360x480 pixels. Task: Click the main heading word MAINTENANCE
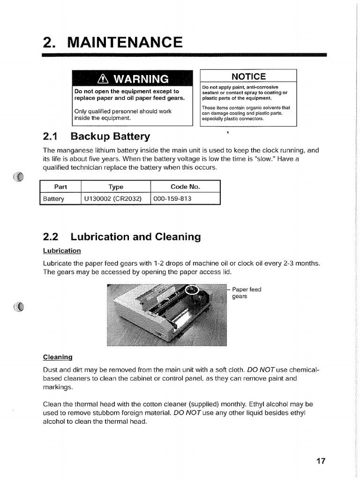click(x=125, y=42)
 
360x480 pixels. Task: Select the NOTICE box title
click(x=248, y=76)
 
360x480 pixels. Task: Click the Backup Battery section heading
click(x=110, y=136)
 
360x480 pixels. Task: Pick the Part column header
click(x=60, y=187)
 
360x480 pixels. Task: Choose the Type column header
click(x=116, y=187)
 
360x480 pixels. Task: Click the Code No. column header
click(x=185, y=187)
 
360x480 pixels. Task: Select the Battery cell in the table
click(x=53, y=199)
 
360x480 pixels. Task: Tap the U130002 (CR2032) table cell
click(x=112, y=199)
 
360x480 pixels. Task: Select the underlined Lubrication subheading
click(x=62, y=251)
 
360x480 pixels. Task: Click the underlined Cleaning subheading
click(x=58, y=357)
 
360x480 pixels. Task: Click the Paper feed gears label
click(x=247, y=293)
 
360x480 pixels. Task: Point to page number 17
click(x=321, y=461)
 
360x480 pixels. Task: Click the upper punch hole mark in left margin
click(x=18, y=177)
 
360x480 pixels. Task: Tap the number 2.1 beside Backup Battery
click(x=50, y=136)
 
